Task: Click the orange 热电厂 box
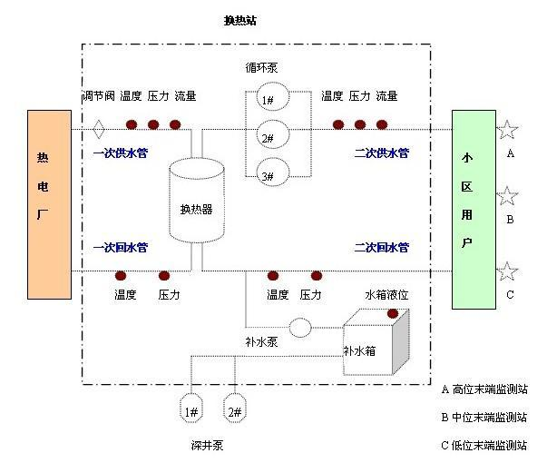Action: [49, 204]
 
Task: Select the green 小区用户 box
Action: [474, 209]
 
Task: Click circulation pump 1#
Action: [269, 101]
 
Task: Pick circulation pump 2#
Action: [269, 138]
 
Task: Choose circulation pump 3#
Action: [269, 175]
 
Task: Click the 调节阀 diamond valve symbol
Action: [99, 125]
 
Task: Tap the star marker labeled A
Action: [507, 130]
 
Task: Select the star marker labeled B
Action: [507, 196]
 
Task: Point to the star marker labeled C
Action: [507, 271]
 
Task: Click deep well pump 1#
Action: [193, 410]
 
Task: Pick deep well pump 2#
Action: [235, 410]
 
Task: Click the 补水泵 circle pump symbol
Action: [299, 327]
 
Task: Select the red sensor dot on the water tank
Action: [393, 313]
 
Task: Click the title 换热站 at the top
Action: [239, 20]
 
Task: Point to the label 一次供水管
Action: [120, 153]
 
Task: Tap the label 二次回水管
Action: [381, 247]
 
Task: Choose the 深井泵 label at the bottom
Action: [208, 445]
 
